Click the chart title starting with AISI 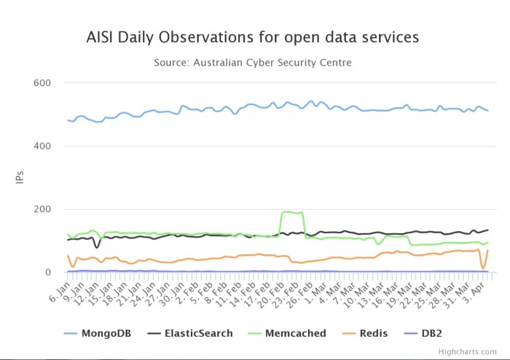click(x=253, y=36)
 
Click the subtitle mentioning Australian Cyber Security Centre click(x=253, y=63)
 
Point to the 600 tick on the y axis click(x=42, y=83)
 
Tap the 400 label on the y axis click(x=42, y=146)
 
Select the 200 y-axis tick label click(x=42, y=210)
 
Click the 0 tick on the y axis click(x=47, y=273)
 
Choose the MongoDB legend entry click(x=95, y=333)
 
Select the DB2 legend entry click(x=434, y=333)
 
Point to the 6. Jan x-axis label click(x=59, y=292)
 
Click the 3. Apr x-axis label click(x=478, y=292)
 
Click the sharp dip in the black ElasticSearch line click(x=97, y=248)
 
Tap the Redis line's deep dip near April click(x=482, y=268)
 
